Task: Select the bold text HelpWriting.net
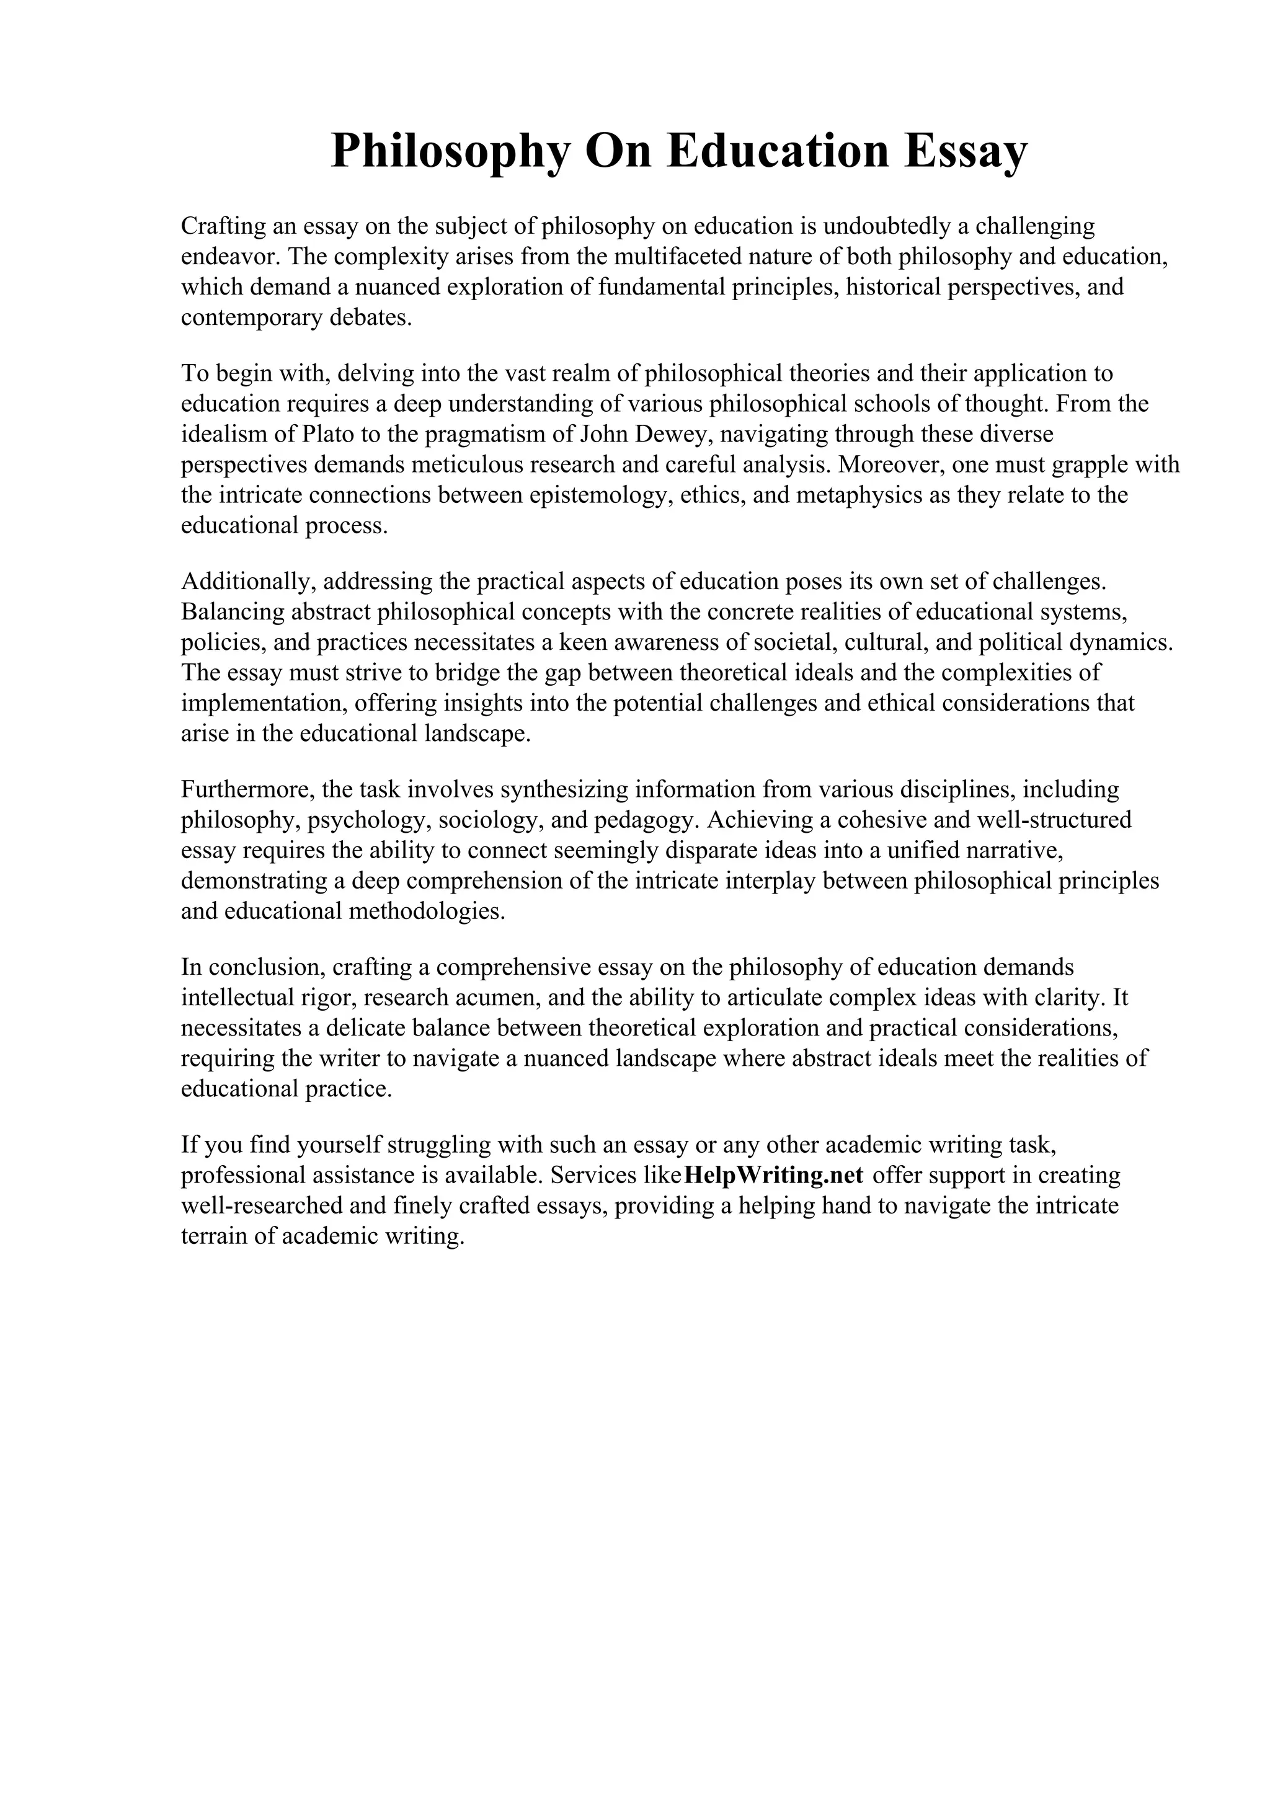pos(773,1175)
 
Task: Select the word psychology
pos(367,820)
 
